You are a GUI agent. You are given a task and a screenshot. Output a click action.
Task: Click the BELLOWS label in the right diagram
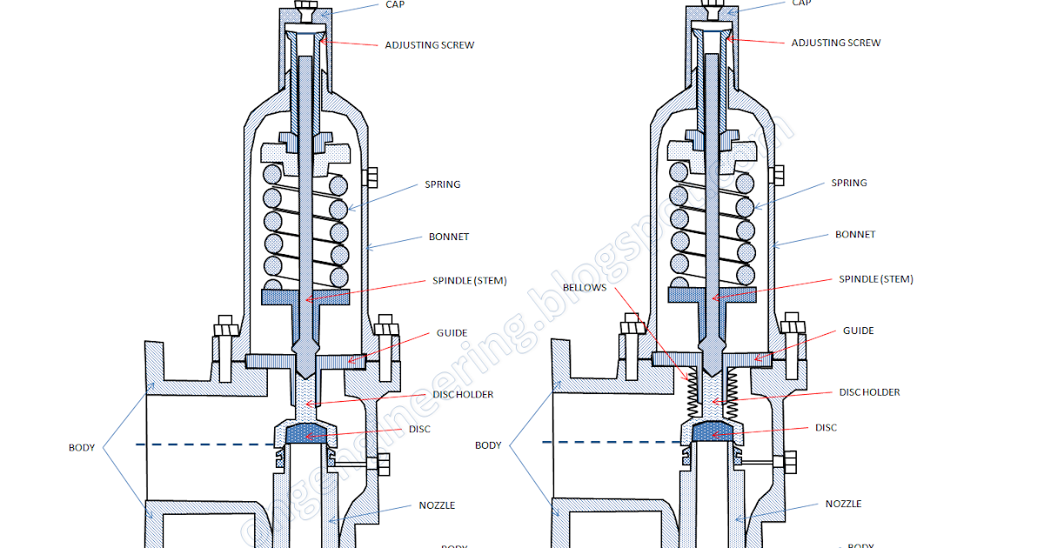pos(584,287)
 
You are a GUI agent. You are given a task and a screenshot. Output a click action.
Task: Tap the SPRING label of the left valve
pos(442,184)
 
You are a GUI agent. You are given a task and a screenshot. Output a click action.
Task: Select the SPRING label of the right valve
pos(848,183)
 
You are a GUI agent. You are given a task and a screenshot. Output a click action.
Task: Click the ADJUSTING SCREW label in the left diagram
pos(430,44)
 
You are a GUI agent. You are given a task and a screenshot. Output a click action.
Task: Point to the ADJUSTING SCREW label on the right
pos(835,43)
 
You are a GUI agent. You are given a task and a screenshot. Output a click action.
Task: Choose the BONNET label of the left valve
pos(449,237)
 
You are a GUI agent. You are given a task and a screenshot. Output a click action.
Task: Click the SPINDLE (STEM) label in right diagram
pos(875,279)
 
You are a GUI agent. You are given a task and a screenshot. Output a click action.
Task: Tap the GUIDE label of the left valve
pos(452,333)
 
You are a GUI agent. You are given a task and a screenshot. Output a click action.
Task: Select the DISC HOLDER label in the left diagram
pos(463,394)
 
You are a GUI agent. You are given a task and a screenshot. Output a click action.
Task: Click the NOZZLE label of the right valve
pos(843,504)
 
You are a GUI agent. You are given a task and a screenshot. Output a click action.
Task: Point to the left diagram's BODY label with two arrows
pos(82,448)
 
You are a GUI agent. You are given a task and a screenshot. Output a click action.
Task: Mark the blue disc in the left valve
pos(304,432)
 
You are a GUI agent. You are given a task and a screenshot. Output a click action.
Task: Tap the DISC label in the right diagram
pos(826,428)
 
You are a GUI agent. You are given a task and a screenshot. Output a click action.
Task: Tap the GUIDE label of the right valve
pos(858,331)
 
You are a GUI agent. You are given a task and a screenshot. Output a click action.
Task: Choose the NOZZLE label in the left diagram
pos(437,505)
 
